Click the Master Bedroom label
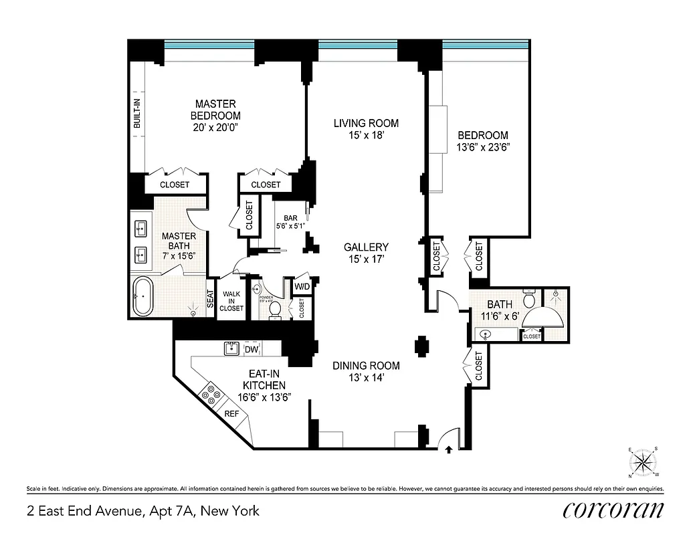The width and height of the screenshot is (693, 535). point(215,116)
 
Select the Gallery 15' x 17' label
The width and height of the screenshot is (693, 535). point(366,253)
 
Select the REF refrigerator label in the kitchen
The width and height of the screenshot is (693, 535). point(231,414)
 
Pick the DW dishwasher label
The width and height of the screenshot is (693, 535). point(252,349)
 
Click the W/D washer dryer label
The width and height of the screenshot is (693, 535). point(302,287)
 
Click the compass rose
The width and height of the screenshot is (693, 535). point(643,462)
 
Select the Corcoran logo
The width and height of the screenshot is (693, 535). point(613,511)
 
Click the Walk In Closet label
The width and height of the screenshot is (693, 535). point(231,300)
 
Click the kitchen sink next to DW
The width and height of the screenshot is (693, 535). point(231,348)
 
